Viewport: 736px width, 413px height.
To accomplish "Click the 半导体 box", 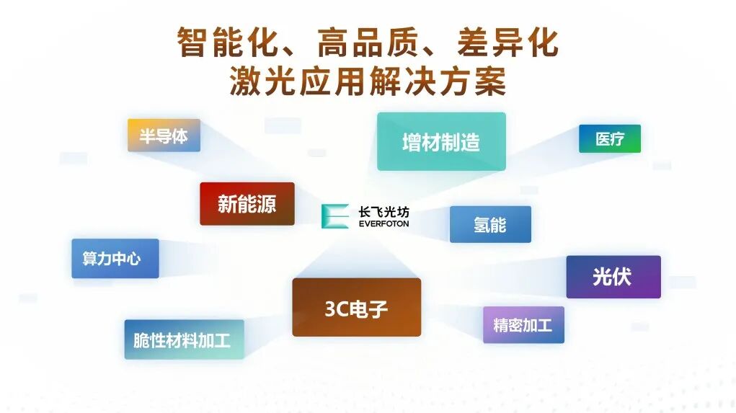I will coord(164,136).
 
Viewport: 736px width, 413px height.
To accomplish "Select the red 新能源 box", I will coord(247,203).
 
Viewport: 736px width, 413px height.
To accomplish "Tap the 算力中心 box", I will coord(115,258).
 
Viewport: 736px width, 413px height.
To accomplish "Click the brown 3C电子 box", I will coord(356,307).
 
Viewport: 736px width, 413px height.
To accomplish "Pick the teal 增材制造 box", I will coord(440,141).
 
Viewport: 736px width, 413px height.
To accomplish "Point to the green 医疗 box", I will coord(609,139).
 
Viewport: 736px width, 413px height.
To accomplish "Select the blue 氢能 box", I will coord(490,224).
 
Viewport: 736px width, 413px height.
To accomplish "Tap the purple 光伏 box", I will coord(613,276).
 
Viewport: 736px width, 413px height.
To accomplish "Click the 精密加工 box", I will coord(523,324).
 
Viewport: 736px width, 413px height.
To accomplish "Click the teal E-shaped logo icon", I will coord(334,216).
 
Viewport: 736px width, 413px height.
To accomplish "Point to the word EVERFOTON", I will coord(383,224).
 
